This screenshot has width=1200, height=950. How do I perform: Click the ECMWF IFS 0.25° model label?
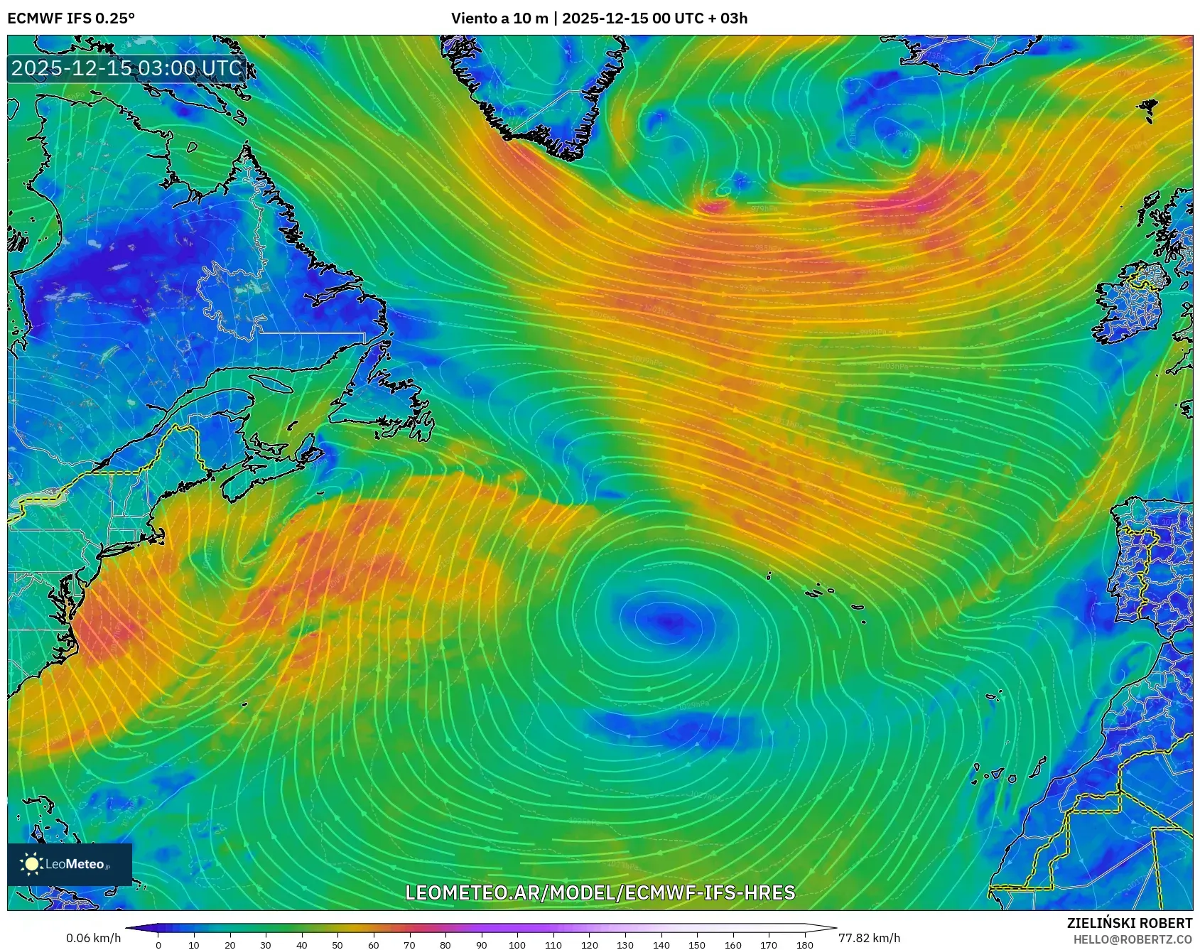click(x=71, y=18)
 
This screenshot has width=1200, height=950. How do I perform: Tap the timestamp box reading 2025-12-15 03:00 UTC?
click(x=126, y=68)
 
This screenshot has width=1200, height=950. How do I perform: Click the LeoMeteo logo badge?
click(x=70, y=864)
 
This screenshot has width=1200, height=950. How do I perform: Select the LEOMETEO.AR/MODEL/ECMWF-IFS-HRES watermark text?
click(x=600, y=892)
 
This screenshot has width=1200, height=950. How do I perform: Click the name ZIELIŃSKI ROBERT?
click(x=1129, y=923)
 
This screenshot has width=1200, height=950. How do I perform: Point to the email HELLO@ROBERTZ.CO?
click(x=1132, y=939)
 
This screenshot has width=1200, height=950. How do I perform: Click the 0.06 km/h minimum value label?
click(x=93, y=938)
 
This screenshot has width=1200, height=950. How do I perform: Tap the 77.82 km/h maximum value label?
click(x=869, y=938)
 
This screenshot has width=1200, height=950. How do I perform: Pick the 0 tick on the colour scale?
click(x=158, y=944)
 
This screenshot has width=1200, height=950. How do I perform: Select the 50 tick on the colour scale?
click(x=337, y=944)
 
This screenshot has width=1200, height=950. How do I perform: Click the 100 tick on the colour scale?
click(x=517, y=944)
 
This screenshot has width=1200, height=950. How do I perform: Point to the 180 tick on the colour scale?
click(x=804, y=944)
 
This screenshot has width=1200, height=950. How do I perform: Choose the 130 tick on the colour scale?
click(x=625, y=944)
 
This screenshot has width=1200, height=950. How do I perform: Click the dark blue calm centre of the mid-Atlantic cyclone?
click(x=665, y=620)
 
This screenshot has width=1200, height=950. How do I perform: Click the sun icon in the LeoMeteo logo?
click(x=32, y=864)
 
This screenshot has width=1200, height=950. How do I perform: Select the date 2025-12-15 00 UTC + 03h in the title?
click(x=654, y=18)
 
